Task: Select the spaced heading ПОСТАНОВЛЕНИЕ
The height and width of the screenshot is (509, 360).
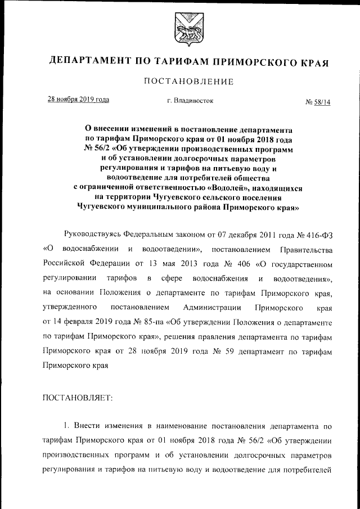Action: point(188,82)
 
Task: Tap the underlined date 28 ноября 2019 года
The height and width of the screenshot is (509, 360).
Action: point(78,100)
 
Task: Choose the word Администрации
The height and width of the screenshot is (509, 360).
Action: point(212,308)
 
